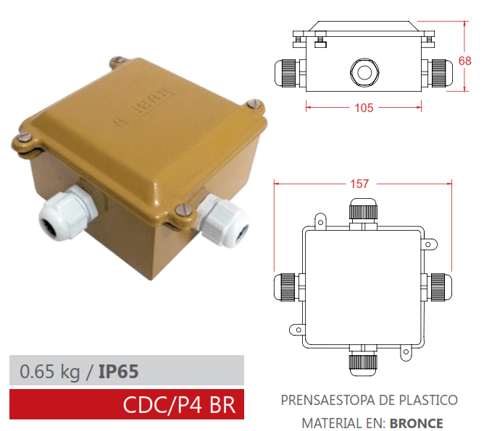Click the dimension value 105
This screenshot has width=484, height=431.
click(364, 108)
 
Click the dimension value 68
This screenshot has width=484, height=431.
click(466, 61)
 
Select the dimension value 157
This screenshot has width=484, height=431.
click(360, 184)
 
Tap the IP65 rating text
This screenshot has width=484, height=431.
click(117, 372)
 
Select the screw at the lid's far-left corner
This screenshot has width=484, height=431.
click(22, 137)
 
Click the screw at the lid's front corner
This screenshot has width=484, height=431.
click(184, 212)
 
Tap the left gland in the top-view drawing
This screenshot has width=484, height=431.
click(287, 286)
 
